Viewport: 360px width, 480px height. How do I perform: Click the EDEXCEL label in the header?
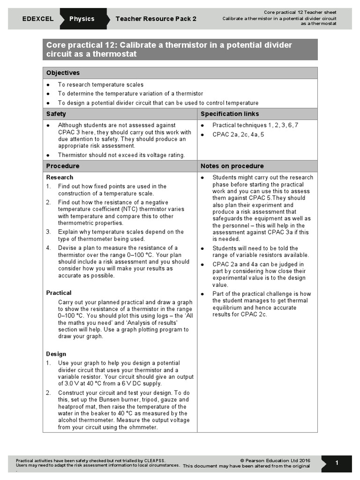point(37,19)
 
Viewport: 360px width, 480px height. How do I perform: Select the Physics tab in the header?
point(82,19)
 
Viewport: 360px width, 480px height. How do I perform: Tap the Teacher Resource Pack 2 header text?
point(156,19)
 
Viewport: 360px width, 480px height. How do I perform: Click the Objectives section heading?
point(63,73)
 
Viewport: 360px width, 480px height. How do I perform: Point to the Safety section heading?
point(56,114)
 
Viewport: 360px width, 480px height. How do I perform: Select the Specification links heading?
point(230,114)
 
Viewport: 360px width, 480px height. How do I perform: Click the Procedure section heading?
point(62,166)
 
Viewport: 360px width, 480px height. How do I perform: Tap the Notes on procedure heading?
point(232,166)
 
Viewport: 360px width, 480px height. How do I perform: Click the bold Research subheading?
point(60,177)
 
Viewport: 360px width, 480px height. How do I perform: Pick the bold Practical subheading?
point(59,292)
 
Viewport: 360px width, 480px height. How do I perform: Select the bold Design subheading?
point(56,354)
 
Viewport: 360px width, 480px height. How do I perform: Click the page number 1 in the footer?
point(337,463)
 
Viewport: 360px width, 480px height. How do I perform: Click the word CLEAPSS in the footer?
point(155,460)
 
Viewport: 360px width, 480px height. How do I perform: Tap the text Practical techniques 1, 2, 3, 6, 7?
point(255,125)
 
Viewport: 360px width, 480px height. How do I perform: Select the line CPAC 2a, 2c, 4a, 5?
point(238,135)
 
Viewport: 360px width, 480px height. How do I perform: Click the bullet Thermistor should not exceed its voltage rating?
point(121,155)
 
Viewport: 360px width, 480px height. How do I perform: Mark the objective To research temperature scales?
point(97,85)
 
